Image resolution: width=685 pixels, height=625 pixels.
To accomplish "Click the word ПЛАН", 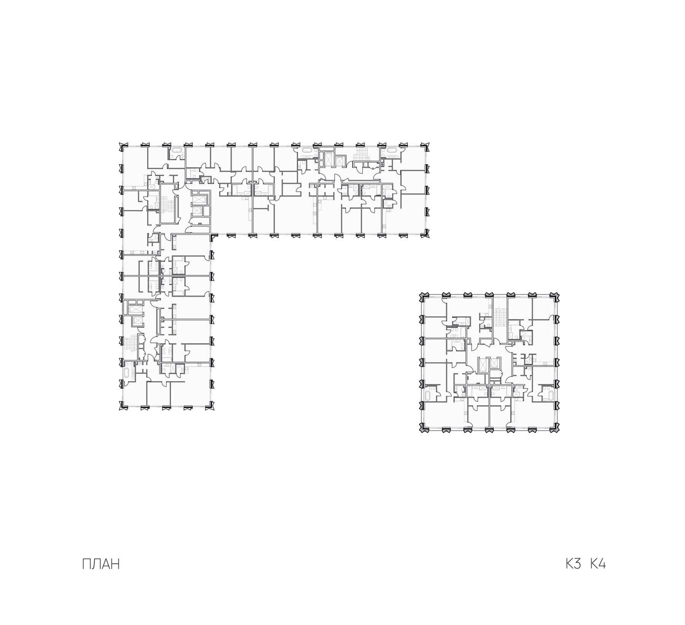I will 101,564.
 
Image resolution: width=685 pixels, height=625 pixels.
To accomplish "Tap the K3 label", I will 573,564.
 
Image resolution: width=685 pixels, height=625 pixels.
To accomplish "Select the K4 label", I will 598,564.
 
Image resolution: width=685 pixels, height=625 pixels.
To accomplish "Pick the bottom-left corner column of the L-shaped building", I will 123,407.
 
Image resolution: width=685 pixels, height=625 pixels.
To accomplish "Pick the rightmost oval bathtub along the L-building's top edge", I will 391,151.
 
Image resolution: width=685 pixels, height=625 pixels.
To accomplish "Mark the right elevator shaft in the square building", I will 494,363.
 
